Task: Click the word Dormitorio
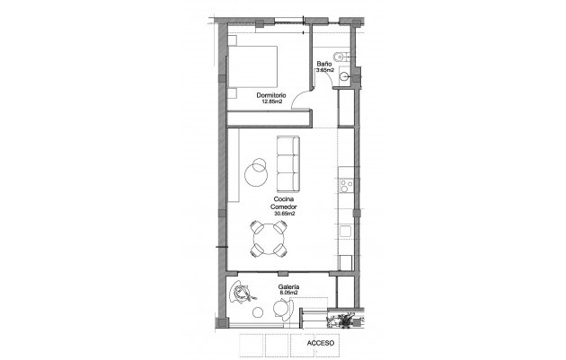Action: pyautogui.click(x=270, y=95)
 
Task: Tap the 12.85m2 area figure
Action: pyautogui.click(x=270, y=102)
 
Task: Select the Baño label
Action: pyautogui.click(x=323, y=64)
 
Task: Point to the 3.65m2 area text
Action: pyautogui.click(x=324, y=71)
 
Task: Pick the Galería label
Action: pyautogui.click(x=288, y=287)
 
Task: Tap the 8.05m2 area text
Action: pyautogui.click(x=288, y=294)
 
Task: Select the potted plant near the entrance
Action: pyautogui.click(x=341, y=322)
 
